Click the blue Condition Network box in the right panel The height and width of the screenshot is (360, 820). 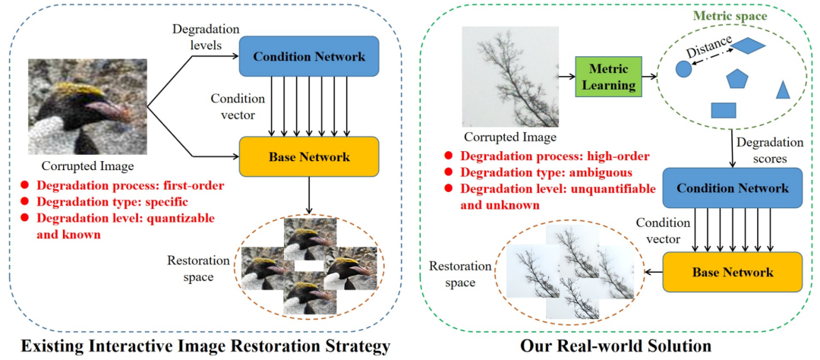(732, 188)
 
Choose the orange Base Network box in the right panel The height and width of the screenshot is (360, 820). (732, 272)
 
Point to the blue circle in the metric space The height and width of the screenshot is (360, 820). (683, 69)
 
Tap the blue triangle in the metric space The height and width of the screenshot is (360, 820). (783, 90)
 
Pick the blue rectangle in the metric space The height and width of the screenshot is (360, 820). (723, 110)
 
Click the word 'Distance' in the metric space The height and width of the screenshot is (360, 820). (707, 49)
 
